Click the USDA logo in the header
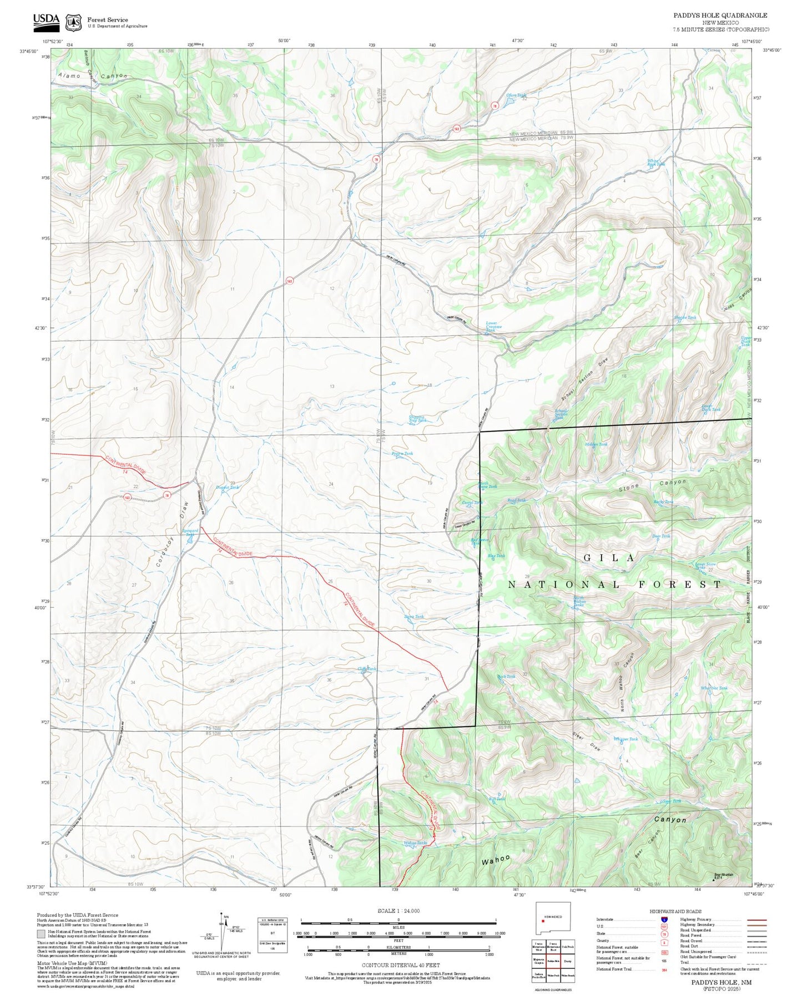[46, 21]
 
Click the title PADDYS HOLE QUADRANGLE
[720, 16]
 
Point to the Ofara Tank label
[516, 95]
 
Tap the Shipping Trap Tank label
[417, 419]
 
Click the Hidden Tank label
[597, 444]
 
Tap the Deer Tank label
[661, 536]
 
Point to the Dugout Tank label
[228, 487]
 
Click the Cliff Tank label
[367, 669]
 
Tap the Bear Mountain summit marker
[714, 879]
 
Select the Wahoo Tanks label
[415, 843]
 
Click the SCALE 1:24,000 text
[399, 911]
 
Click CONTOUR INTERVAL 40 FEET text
[400, 966]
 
